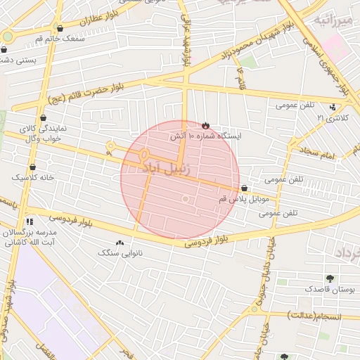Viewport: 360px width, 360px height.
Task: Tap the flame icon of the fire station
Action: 205,125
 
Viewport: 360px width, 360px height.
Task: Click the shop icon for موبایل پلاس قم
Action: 244,188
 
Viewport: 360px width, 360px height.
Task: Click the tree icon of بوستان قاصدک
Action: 330,279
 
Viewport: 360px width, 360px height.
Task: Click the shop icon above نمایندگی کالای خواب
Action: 44,118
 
